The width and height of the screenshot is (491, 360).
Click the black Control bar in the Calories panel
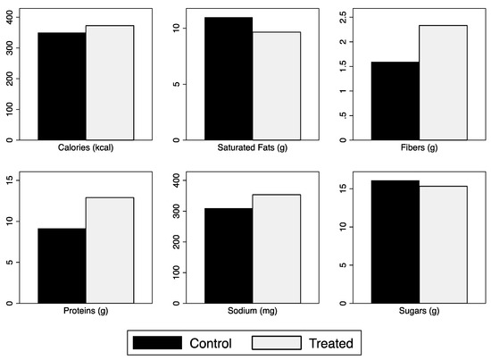tap(62, 86)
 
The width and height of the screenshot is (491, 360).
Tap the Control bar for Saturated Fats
tap(229, 79)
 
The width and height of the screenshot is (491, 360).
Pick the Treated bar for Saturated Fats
tap(276, 86)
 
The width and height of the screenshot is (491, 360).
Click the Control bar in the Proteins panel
tap(62, 265)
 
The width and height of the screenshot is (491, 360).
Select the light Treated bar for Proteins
tap(110, 250)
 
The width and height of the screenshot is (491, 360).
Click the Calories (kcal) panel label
tap(86, 148)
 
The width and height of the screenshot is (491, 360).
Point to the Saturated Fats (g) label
tap(253, 148)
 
